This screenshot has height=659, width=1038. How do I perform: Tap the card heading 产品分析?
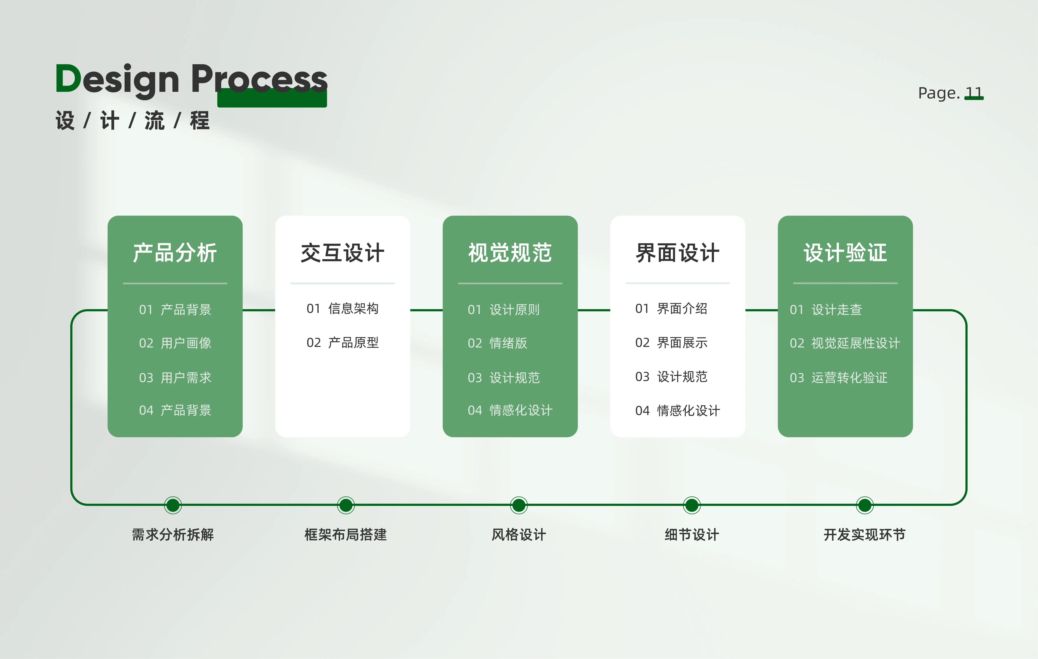click(x=175, y=253)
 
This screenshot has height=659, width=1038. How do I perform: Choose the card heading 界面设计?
click(x=678, y=253)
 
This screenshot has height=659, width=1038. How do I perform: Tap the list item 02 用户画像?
click(x=175, y=343)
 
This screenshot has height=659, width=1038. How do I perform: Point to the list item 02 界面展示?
click(x=671, y=343)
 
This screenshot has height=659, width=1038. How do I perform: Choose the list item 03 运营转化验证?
click(x=838, y=377)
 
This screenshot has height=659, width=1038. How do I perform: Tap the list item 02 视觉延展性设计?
click(x=845, y=343)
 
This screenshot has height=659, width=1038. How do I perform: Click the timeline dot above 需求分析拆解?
click(x=173, y=505)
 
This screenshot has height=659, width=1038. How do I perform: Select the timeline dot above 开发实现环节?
click(x=865, y=505)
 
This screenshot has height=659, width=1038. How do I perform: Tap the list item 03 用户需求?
click(x=175, y=377)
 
